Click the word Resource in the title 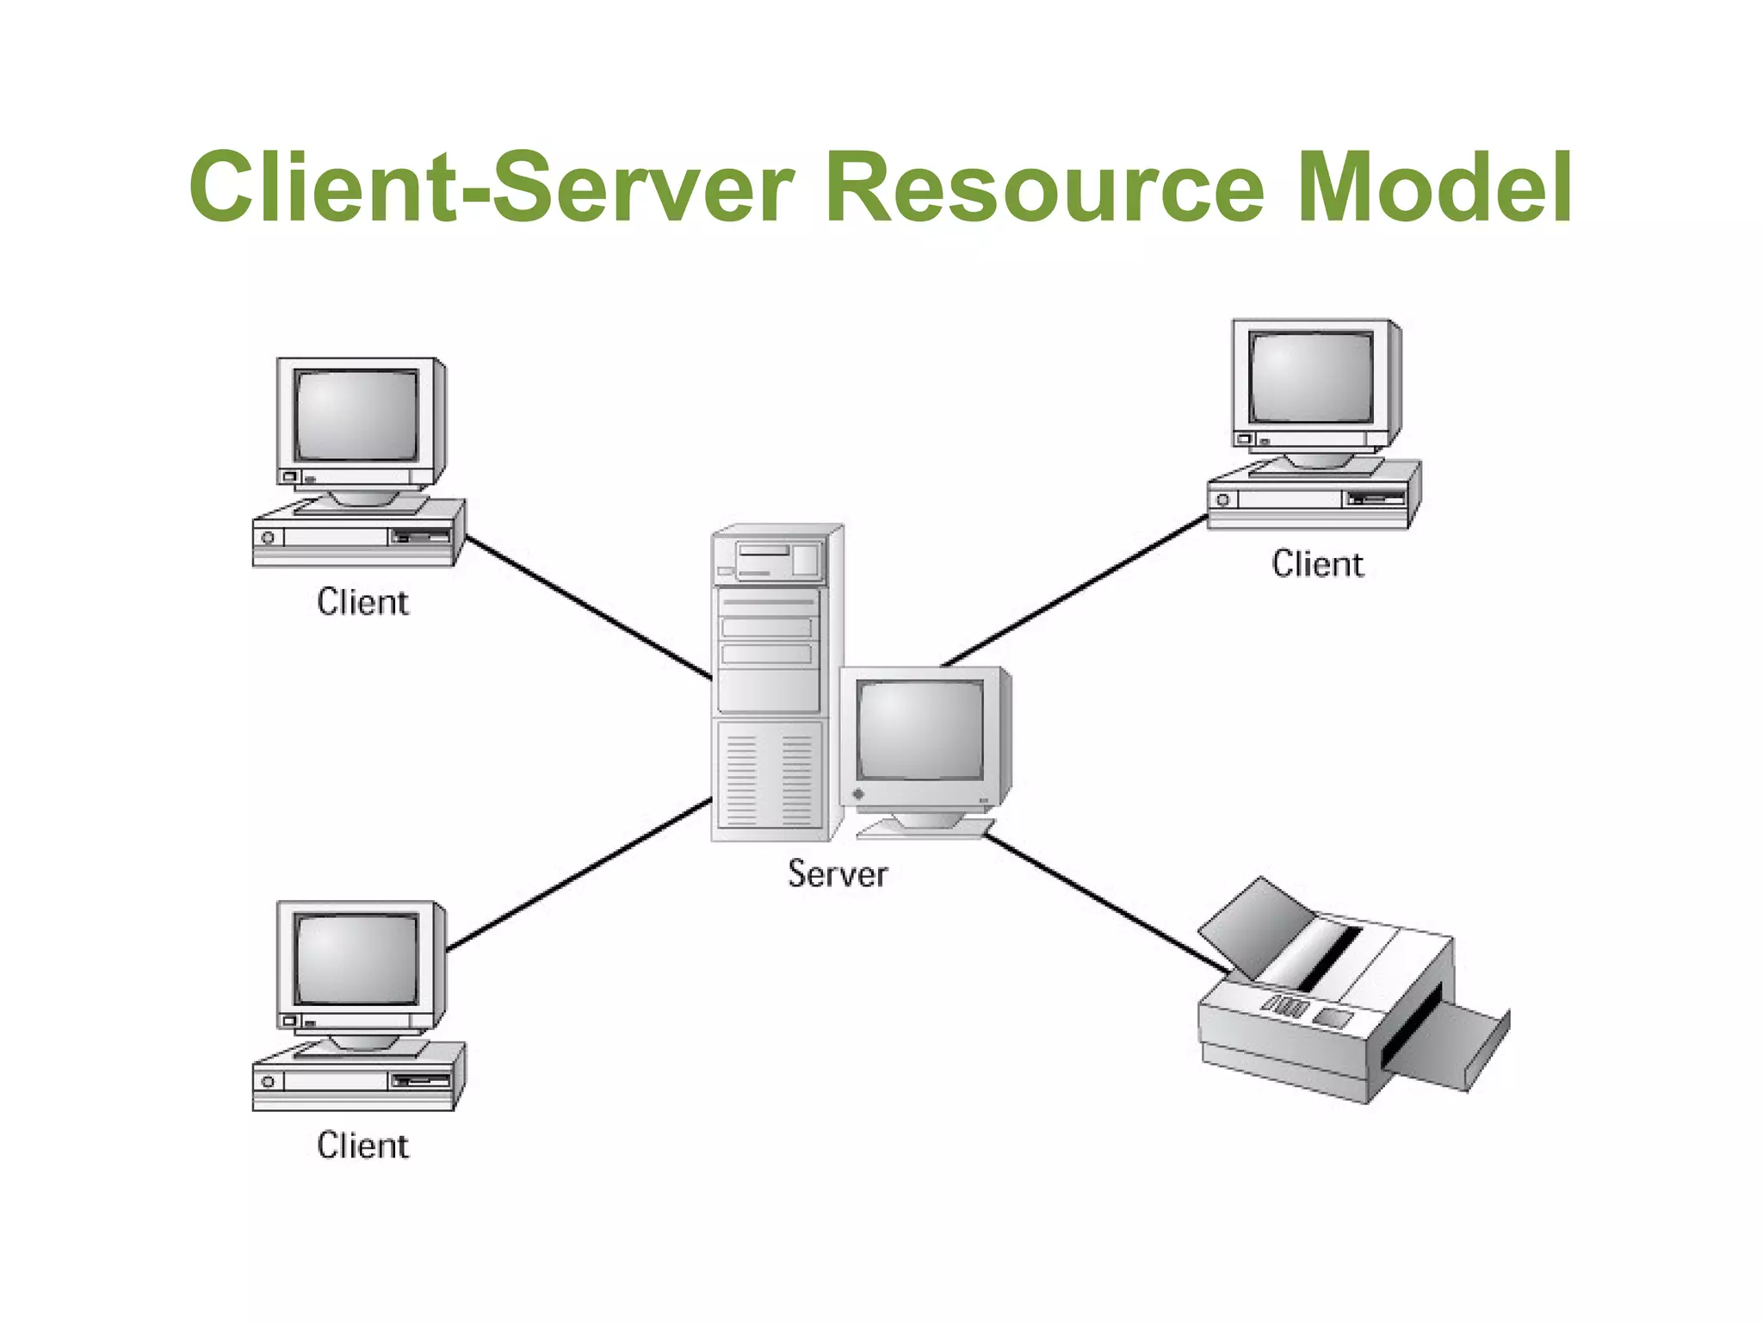click(1045, 188)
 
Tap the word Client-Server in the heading click(491, 186)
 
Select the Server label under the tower click(837, 873)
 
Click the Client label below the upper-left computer click(362, 601)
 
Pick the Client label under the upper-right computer click(1317, 563)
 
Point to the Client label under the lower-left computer click(362, 1145)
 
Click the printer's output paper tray click(1455, 1047)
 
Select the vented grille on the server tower click(769, 780)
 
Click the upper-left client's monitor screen click(356, 415)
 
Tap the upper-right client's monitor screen click(1311, 376)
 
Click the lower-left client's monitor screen click(356, 959)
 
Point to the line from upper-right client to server click(1076, 591)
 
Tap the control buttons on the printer click(1287, 1005)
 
